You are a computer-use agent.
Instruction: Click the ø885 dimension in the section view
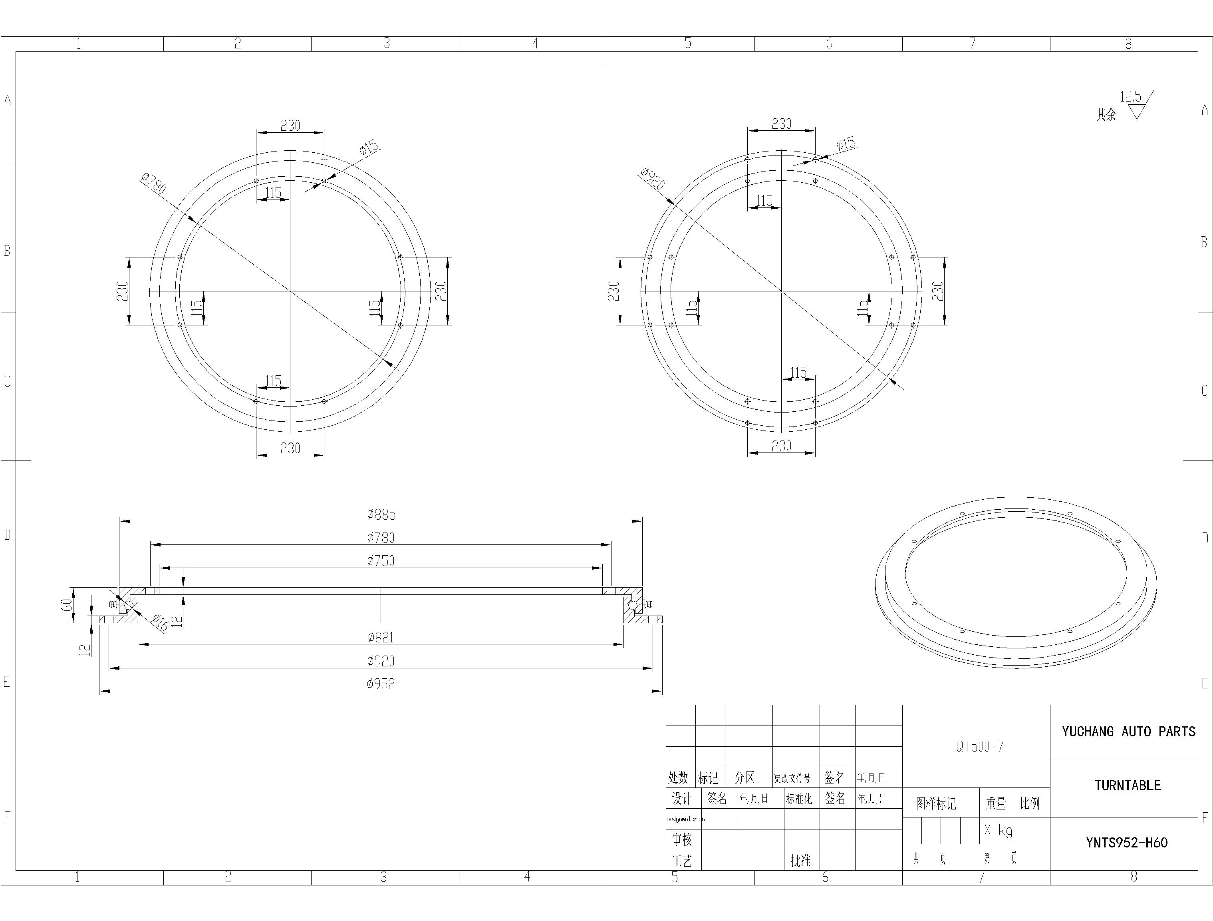tap(381, 514)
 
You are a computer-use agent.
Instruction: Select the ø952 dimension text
tap(381, 684)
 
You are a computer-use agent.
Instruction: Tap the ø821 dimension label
tap(381, 637)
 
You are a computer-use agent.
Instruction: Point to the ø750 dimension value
tap(381, 560)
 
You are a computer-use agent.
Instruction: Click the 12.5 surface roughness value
tap(1130, 97)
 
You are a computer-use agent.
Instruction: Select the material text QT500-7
tap(980, 746)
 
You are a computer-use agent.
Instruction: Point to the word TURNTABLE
tap(1128, 785)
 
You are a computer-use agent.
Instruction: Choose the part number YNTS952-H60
tap(1127, 843)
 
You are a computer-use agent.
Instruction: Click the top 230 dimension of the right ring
tap(781, 124)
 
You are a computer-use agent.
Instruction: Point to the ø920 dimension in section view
tap(381, 661)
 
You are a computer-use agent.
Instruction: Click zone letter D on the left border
tap(7, 534)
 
